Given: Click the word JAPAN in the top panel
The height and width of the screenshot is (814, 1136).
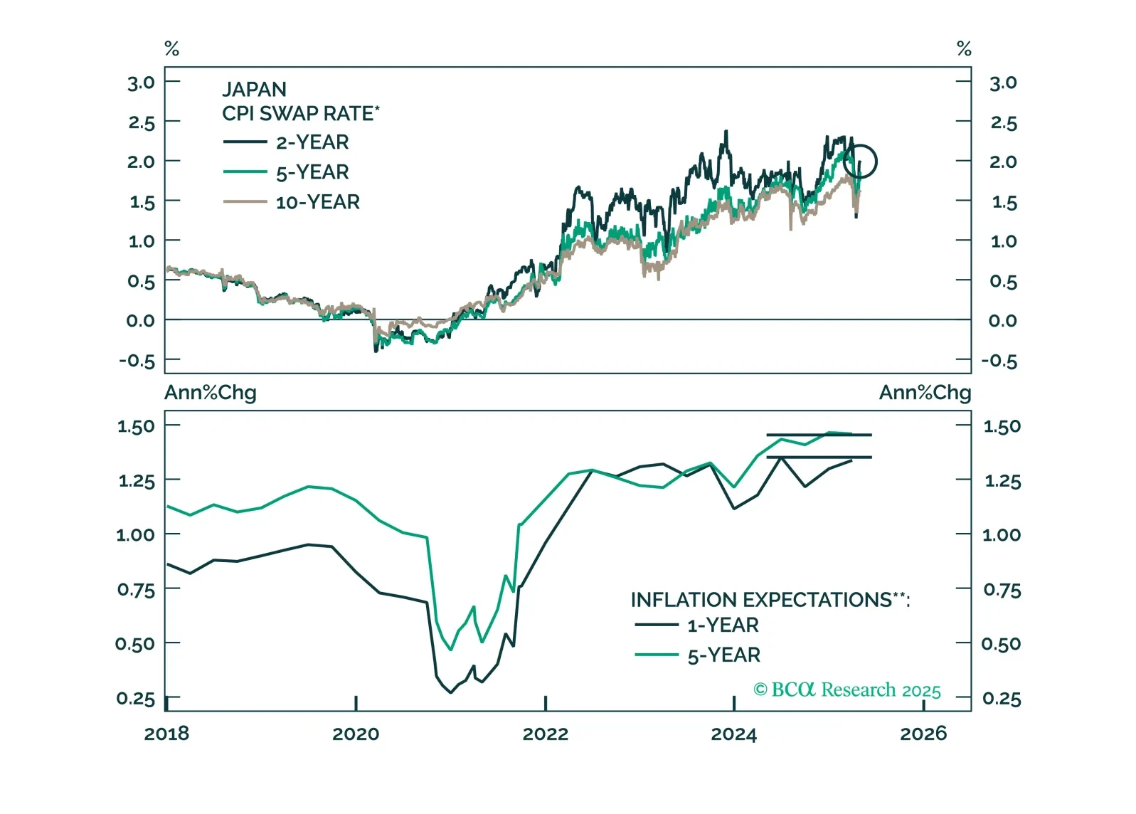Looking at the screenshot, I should [254, 90].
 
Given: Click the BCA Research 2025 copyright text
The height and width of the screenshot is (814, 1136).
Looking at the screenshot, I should [846, 690].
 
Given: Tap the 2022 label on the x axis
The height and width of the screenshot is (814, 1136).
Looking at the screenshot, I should [546, 734].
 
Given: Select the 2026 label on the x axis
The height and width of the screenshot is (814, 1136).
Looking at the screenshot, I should [923, 734].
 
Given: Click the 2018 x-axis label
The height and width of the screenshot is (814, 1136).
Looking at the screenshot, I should [167, 734].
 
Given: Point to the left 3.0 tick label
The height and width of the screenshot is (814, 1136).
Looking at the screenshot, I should [141, 83].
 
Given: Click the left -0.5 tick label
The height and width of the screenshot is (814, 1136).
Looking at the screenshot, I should [137, 361].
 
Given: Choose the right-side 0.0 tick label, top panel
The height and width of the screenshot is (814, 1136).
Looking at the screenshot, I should [1002, 321].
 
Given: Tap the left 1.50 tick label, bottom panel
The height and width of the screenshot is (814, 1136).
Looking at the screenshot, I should [136, 426].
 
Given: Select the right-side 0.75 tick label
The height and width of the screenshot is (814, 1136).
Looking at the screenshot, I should [1002, 590].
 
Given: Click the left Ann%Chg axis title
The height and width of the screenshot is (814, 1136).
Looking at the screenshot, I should [211, 393].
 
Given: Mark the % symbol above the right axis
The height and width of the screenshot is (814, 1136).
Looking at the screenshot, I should [964, 48].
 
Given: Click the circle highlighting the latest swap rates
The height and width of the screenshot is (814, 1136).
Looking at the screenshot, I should [860, 162].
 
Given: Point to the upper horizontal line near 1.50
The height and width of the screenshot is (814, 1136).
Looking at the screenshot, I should [818, 435].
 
